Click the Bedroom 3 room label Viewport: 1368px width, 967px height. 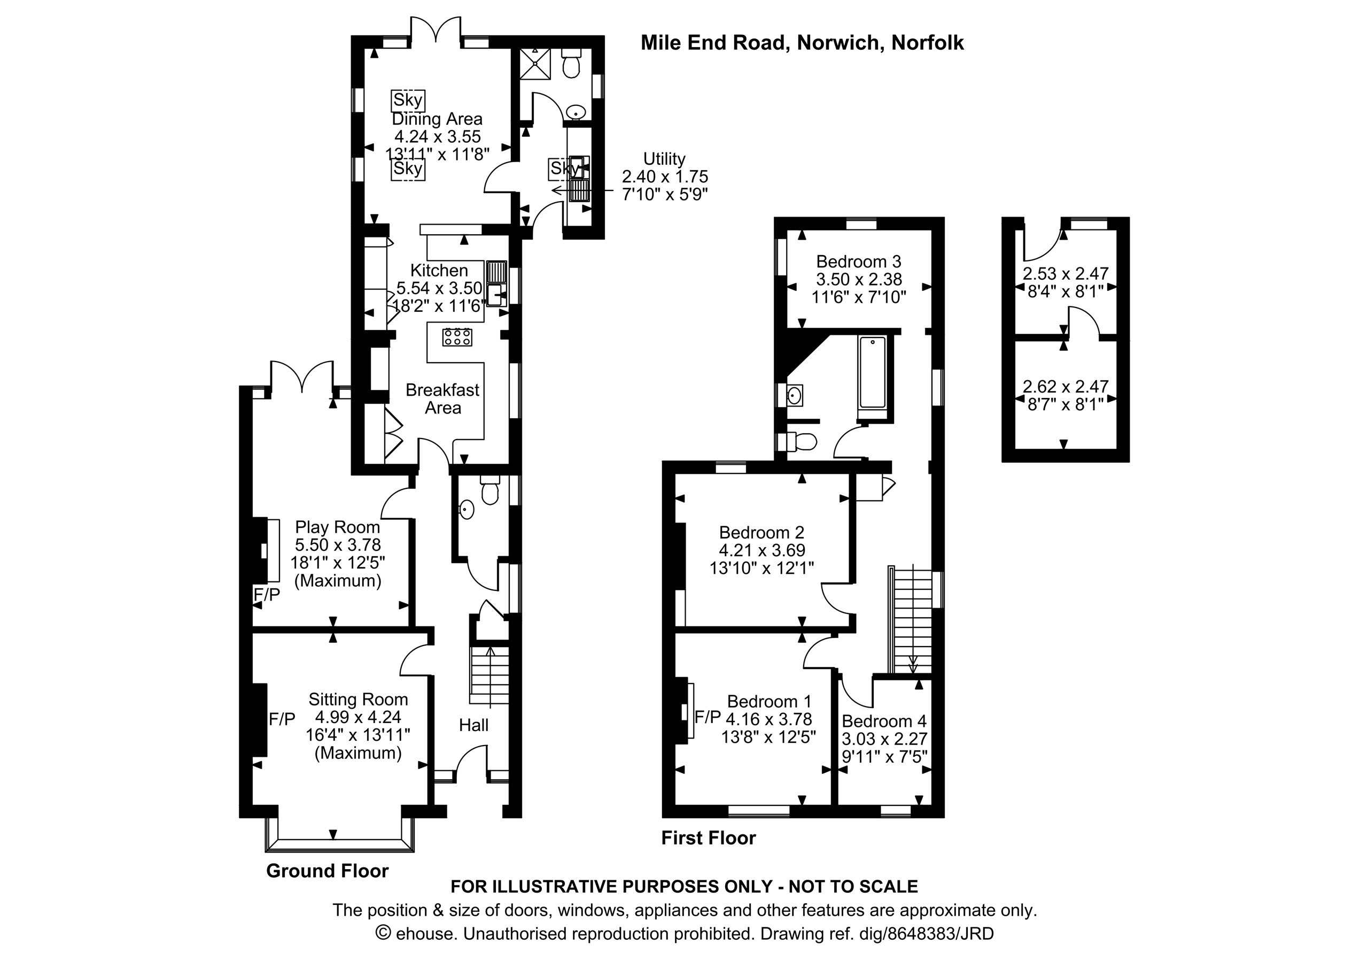pyautogui.click(x=859, y=261)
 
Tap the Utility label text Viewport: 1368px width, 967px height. pyautogui.click(x=664, y=159)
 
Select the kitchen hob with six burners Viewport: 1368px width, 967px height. pyautogui.click(x=457, y=337)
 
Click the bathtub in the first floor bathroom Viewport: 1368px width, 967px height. pyautogui.click(x=873, y=373)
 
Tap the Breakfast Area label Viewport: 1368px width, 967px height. pyautogui.click(x=442, y=399)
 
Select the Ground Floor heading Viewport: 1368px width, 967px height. pyautogui.click(x=327, y=871)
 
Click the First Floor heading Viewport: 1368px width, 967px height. pyautogui.click(x=709, y=838)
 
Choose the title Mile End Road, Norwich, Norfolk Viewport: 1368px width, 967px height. pyautogui.click(x=802, y=43)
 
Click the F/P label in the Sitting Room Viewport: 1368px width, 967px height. pyautogui.click(x=282, y=719)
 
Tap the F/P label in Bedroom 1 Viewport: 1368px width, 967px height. pyautogui.click(x=708, y=717)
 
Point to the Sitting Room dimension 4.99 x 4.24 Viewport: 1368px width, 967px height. pyautogui.click(x=358, y=717)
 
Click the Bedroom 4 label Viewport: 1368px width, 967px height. pyautogui.click(x=884, y=722)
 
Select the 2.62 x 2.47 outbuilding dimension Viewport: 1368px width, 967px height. pyautogui.click(x=1066, y=386)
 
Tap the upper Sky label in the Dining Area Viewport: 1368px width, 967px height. pyautogui.click(x=408, y=99)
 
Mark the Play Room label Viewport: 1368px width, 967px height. pyautogui.click(x=338, y=527)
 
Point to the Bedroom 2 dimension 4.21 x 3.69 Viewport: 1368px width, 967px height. pyautogui.click(x=761, y=550)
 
